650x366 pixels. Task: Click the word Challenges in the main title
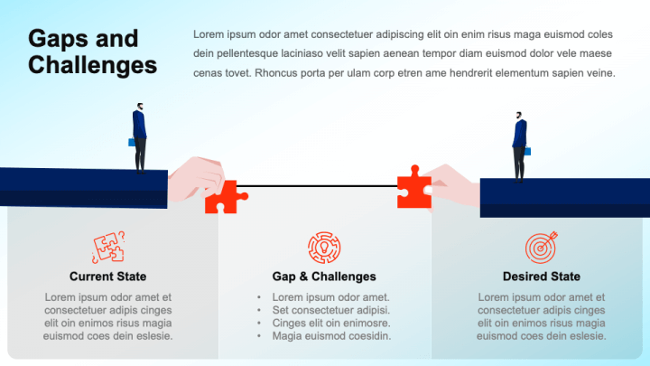coord(92,65)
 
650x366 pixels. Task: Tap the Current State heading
coord(107,277)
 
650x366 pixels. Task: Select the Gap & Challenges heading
coord(324,277)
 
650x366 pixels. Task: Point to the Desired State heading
coord(542,277)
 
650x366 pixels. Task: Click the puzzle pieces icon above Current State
coord(108,248)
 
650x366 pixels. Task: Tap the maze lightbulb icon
coord(324,248)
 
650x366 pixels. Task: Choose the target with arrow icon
coord(542,248)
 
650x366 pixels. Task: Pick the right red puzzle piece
coord(414,189)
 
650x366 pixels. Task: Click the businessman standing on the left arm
coord(140,138)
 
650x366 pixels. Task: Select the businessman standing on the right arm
coord(520,147)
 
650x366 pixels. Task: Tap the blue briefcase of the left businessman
coord(132,143)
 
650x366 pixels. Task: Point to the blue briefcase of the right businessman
coord(528,151)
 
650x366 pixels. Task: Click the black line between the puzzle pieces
coord(317,186)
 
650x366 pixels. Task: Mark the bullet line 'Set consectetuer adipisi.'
coord(330,310)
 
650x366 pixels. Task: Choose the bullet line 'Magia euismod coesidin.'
coord(331,335)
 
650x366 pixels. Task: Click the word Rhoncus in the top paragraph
coord(274,73)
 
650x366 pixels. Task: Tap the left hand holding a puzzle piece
coord(196,179)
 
